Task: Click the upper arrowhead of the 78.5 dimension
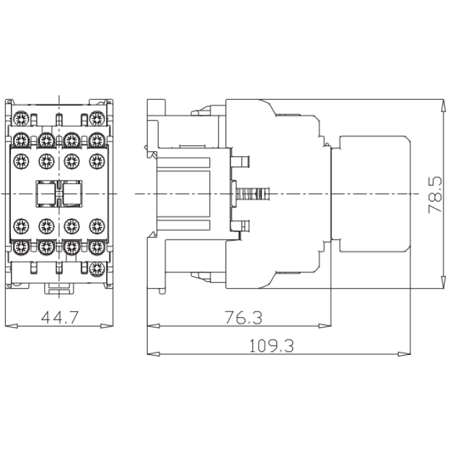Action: pos(443,105)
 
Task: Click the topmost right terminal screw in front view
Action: pos(97,118)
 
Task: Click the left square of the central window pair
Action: pos(46,193)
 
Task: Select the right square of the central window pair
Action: pos(71,193)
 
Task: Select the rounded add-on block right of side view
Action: pos(372,193)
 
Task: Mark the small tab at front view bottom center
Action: pos(59,289)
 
